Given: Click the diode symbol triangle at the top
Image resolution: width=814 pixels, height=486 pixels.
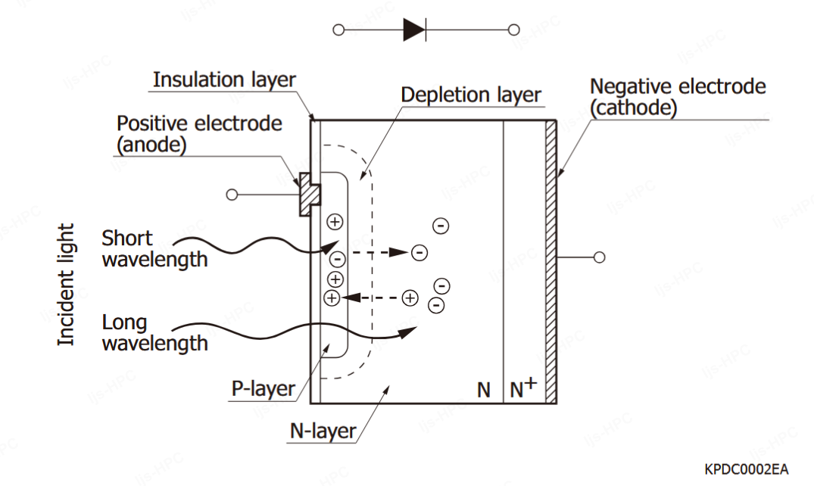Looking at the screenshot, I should point(413,30).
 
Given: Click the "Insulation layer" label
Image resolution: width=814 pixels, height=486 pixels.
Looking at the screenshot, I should point(224,79).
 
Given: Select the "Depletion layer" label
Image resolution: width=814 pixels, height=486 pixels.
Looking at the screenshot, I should point(471,95).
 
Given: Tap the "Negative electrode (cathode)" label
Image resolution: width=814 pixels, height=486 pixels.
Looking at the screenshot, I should point(677,97).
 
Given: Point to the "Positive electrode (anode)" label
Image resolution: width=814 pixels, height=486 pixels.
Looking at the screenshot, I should point(199,133).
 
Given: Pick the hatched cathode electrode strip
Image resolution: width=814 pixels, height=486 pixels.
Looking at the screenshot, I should point(550,261).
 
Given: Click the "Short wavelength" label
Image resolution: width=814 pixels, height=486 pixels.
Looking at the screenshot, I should point(154,248).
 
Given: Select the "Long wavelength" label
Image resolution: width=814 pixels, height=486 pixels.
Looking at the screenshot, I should point(154,333).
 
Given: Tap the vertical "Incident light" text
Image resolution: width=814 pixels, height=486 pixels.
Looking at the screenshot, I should point(67,285).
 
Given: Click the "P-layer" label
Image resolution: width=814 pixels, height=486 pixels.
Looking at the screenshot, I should point(263,389).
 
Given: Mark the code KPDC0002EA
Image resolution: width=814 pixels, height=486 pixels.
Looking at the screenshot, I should point(745,469).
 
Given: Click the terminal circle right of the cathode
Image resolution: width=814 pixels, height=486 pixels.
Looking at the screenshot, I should point(600,257).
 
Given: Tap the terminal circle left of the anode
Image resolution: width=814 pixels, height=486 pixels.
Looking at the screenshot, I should point(232,195).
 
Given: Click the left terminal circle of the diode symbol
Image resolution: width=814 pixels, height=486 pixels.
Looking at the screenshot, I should point(338,30).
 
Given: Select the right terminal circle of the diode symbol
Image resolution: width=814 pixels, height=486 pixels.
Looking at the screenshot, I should point(514,30).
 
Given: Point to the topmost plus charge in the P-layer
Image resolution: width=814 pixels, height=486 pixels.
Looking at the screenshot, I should point(335,222).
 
